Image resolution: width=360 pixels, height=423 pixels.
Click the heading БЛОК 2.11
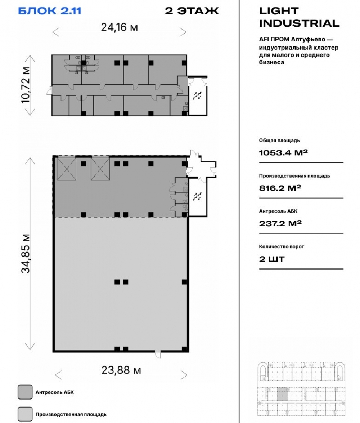(50, 11)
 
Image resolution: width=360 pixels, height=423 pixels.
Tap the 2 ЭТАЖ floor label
(192, 11)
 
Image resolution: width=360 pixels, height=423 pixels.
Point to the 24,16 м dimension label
(120, 27)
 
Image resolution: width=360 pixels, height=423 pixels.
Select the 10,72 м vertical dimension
(26, 85)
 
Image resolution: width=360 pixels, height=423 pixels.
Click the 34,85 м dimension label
(26, 254)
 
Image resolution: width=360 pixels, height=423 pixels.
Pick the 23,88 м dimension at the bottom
(121, 370)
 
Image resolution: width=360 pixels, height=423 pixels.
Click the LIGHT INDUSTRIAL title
(299, 17)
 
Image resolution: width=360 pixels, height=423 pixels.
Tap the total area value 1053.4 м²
(283, 153)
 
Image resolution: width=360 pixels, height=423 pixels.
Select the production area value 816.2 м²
(280, 188)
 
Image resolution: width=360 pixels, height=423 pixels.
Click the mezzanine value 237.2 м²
(280, 223)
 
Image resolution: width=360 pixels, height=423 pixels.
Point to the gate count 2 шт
(271, 259)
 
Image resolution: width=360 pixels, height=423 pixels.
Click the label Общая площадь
(279, 140)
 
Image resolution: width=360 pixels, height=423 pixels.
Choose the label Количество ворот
(281, 246)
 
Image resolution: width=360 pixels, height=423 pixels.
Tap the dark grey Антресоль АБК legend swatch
(25, 392)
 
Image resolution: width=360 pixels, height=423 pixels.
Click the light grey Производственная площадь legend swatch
(25, 414)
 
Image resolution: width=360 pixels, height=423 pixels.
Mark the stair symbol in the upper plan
(198, 95)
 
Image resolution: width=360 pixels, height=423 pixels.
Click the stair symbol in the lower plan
(198, 196)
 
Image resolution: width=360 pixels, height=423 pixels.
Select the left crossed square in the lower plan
(67, 169)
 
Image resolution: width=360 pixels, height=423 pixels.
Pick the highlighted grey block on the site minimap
(282, 394)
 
